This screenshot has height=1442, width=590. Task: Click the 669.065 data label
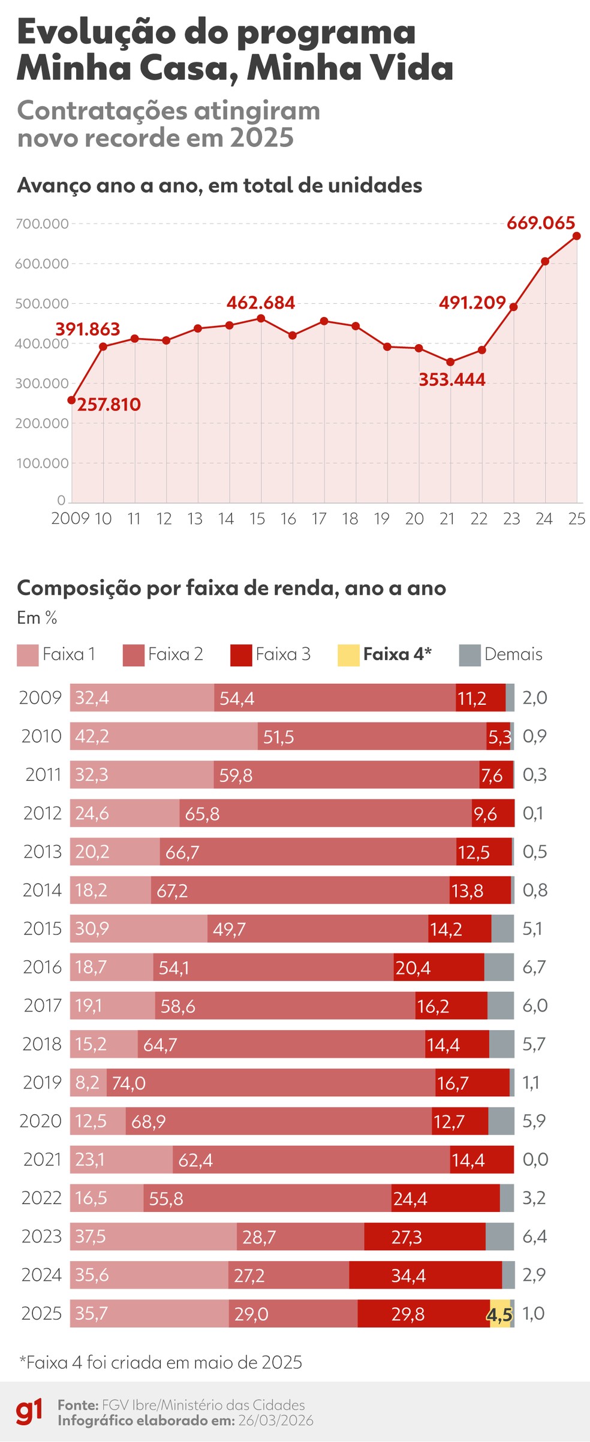coord(540,223)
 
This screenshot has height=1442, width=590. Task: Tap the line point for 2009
coord(72,400)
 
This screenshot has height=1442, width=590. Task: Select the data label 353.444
coord(451,379)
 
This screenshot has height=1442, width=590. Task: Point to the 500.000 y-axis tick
coord(42,303)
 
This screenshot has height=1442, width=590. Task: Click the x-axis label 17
coord(319,518)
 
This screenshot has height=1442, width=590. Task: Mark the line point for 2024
coord(545,261)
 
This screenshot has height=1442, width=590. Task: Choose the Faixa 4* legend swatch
coord(348,655)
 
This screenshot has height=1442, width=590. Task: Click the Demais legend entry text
coord(513,654)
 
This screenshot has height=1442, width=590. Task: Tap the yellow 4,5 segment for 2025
coord(500,1313)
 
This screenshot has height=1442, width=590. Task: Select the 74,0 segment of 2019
coord(271,1082)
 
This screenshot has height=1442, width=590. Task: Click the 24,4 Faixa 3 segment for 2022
coord(445,1198)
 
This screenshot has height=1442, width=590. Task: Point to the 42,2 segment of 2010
coord(164,736)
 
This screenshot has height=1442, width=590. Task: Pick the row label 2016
coord(42,967)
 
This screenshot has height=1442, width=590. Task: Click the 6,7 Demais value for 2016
coord(534,967)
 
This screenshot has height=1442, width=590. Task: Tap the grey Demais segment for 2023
coord(499,1236)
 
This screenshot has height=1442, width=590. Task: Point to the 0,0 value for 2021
coord(535,1159)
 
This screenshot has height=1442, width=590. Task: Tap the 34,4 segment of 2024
coord(425,1275)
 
